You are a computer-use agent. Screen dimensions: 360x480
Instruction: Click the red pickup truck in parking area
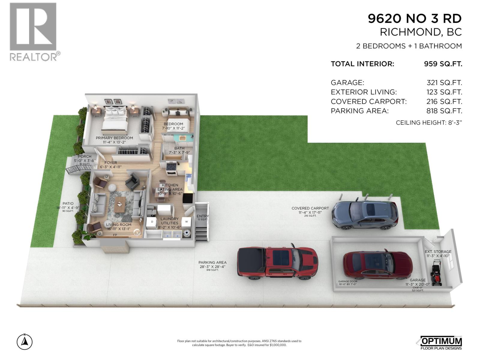pyautogui.click(x=277, y=263)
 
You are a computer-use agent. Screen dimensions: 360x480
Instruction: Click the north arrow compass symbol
pyautogui.click(x=25, y=342)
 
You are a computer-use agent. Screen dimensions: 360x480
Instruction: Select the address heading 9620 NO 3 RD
pyautogui.click(x=415, y=19)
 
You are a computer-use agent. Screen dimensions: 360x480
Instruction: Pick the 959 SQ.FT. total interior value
pyautogui.click(x=443, y=64)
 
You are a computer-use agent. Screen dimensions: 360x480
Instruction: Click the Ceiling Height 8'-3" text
pyautogui.click(x=429, y=122)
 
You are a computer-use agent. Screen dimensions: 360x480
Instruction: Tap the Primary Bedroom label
pyautogui.click(x=114, y=138)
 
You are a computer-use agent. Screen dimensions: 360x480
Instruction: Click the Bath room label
pyautogui.click(x=179, y=148)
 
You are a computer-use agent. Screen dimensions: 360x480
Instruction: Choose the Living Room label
pyautogui.click(x=119, y=224)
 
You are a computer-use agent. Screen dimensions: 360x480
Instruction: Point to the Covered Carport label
pyautogui.click(x=310, y=208)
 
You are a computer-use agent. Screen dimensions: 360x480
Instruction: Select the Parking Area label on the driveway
pyautogui.click(x=212, y=262)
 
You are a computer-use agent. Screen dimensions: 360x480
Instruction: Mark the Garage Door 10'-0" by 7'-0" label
pyautogui.click(x=348, y=283)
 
